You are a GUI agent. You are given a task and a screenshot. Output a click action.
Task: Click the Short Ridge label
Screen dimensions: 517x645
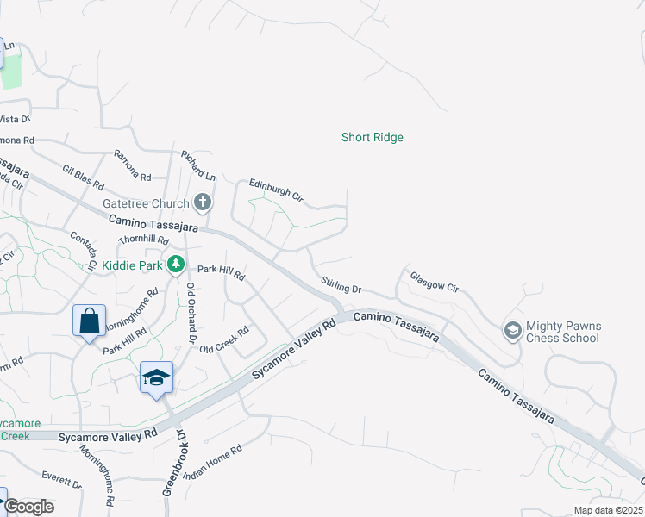coord(372,137)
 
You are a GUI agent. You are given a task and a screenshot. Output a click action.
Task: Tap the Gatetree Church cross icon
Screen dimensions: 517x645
coord(203,202)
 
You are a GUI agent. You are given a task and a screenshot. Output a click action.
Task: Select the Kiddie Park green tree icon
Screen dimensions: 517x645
coord(176,264)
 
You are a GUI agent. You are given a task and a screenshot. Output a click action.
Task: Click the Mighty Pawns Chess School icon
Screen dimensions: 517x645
coord(512,330)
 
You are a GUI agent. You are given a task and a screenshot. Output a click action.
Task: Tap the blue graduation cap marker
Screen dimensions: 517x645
coord(156,377)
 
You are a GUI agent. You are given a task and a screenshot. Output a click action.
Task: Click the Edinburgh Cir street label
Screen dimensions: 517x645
coord(276,190)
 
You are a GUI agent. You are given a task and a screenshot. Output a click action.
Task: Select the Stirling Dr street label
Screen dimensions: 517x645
coord(340,285)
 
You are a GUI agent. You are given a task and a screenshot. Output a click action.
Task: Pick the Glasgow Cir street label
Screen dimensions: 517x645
coord(433,283)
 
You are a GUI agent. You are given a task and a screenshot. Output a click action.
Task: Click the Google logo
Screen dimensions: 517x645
coord(28,507)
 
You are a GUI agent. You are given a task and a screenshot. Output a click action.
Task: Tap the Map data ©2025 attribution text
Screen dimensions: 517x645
coord(608,510)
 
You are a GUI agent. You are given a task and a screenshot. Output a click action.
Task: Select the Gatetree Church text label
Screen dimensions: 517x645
coord(146,203)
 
